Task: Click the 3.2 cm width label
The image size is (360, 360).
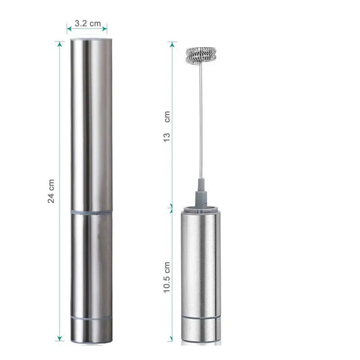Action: click(88, 23)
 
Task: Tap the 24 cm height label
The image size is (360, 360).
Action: click(51, 191)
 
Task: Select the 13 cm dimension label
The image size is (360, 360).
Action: click(166, 126)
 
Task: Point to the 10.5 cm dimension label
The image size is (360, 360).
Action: click(166, 277)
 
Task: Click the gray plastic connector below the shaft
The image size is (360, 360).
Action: click(201, 193)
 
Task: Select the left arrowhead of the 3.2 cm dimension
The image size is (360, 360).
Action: click(69, 29)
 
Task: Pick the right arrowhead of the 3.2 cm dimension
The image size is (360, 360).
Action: click(105, 29)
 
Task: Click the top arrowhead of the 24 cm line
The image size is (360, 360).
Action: click(60, 44)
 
